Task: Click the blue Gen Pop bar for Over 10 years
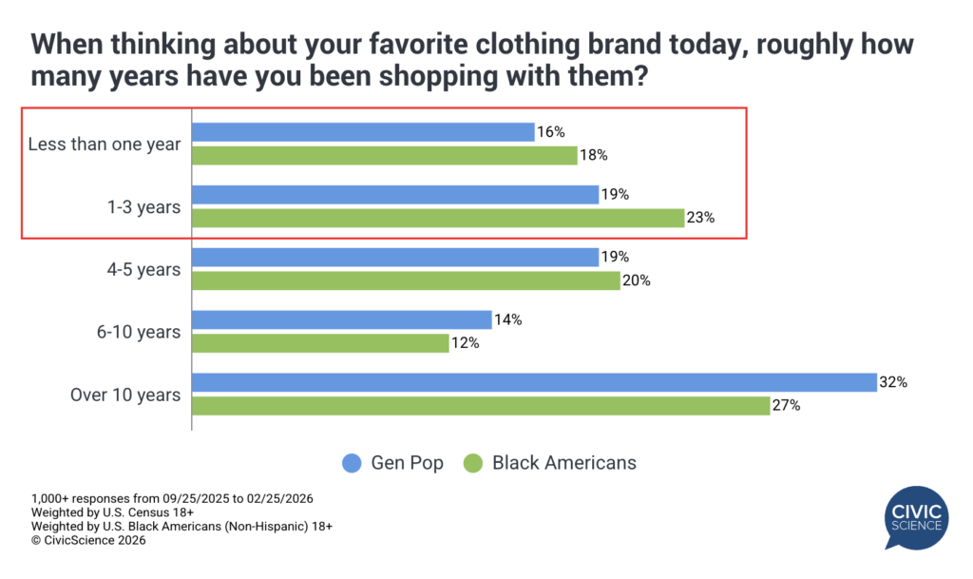click(533, 382)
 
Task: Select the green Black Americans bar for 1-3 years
click(438, 218)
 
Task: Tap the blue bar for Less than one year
click(363, 132)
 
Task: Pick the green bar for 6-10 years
click(320, 343)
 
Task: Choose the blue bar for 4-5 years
click(395, 257)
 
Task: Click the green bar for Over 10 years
click(480, 406)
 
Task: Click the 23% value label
click(701, 218)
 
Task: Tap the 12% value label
click(466, 343)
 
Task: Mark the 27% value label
click(787, 406)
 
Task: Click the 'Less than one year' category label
click(105, 145)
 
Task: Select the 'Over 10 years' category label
click(125, 395)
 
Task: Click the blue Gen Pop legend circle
click(351, 463)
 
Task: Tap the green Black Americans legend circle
click(472, 463)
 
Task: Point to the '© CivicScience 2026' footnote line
click(88, 539)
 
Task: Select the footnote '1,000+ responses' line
click(172, 498)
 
